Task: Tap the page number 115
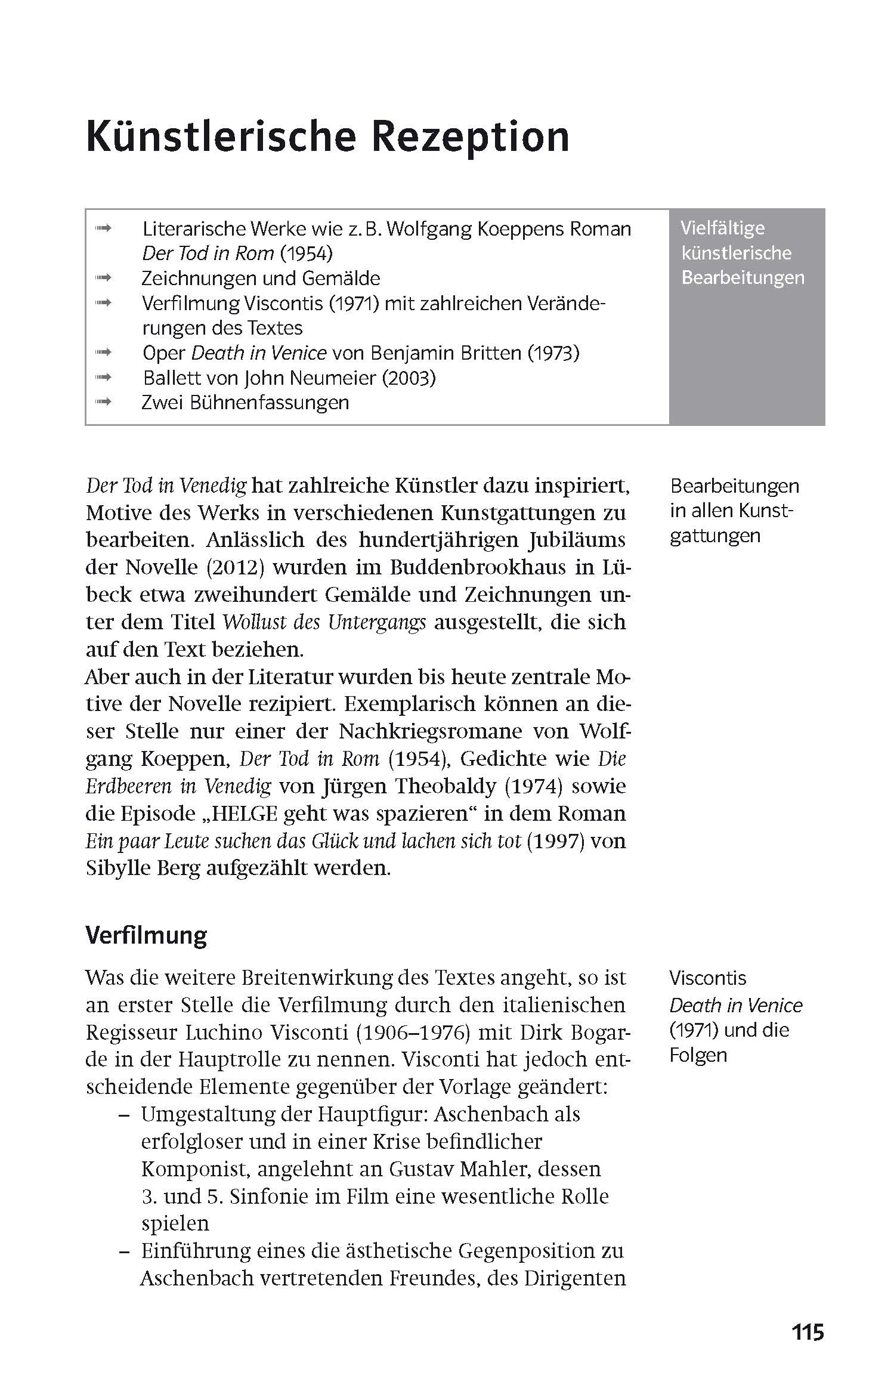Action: [808, 1332]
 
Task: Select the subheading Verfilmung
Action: [146, 935]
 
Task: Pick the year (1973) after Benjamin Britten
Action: [553, 353]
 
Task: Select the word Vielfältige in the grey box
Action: [722, 228]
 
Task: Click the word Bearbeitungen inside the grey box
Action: [743, 278]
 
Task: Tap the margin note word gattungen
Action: [714, 536]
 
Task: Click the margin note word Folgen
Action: [698, 1055]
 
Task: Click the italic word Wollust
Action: [249, 622]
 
